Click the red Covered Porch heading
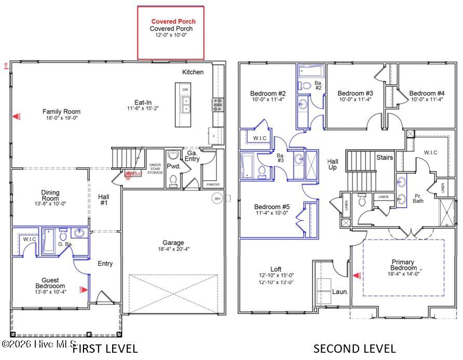[x=170, y=21]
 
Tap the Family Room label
[x=61, y=112]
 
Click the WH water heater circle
[x=217, y=198]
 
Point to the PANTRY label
[x=213, y=184]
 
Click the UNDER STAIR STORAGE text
[x=155, y=169]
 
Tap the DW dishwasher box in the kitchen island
[x=185, y=90]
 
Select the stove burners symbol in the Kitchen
[x=217, y=104]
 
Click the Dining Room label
[x=50, y=195]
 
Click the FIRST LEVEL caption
[x=105, y=349]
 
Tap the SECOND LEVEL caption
[x=355, y=349]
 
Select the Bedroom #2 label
[x=268, y=94]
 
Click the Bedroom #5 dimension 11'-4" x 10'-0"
[x=273, y=213]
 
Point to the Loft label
[x=276, y=269]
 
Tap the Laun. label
[x=340, y=292]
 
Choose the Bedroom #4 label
[x=427, y=94]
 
